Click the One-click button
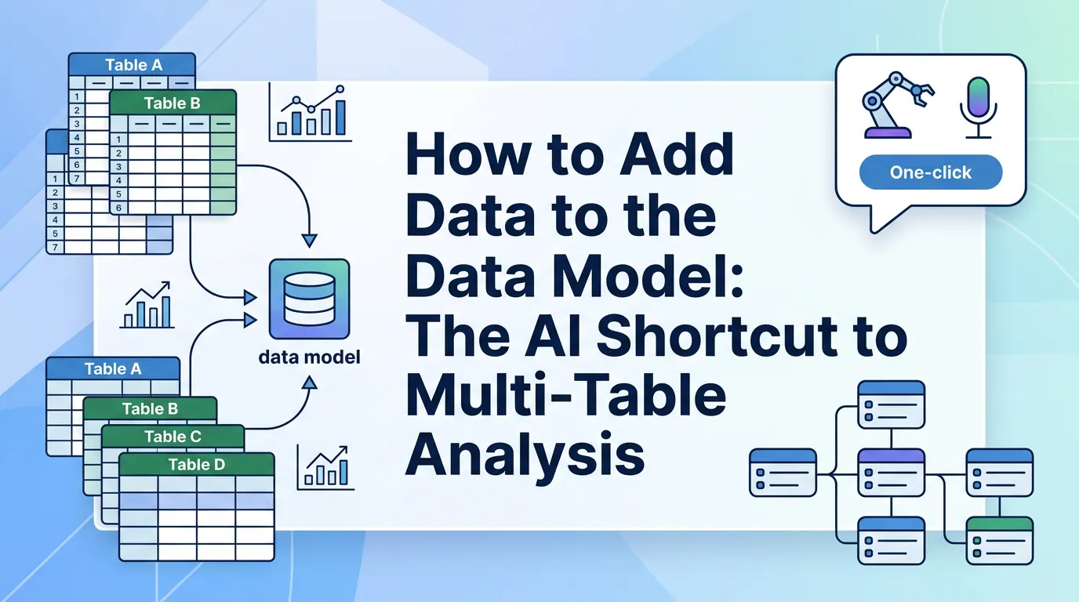[x=931, y=172]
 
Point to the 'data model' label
[x=309, y=357]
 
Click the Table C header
[x=173, y=437]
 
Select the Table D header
[x=197, y=465]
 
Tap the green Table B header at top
[x=173, y=103]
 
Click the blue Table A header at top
[x=133, y=65]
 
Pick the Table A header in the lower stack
[x=113, y=369]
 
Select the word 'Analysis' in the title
[x=525, y=452]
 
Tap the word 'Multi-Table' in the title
[x=565, y=396]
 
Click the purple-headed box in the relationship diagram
[x=891, y=472]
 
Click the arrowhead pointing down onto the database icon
[x=309, y=239]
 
